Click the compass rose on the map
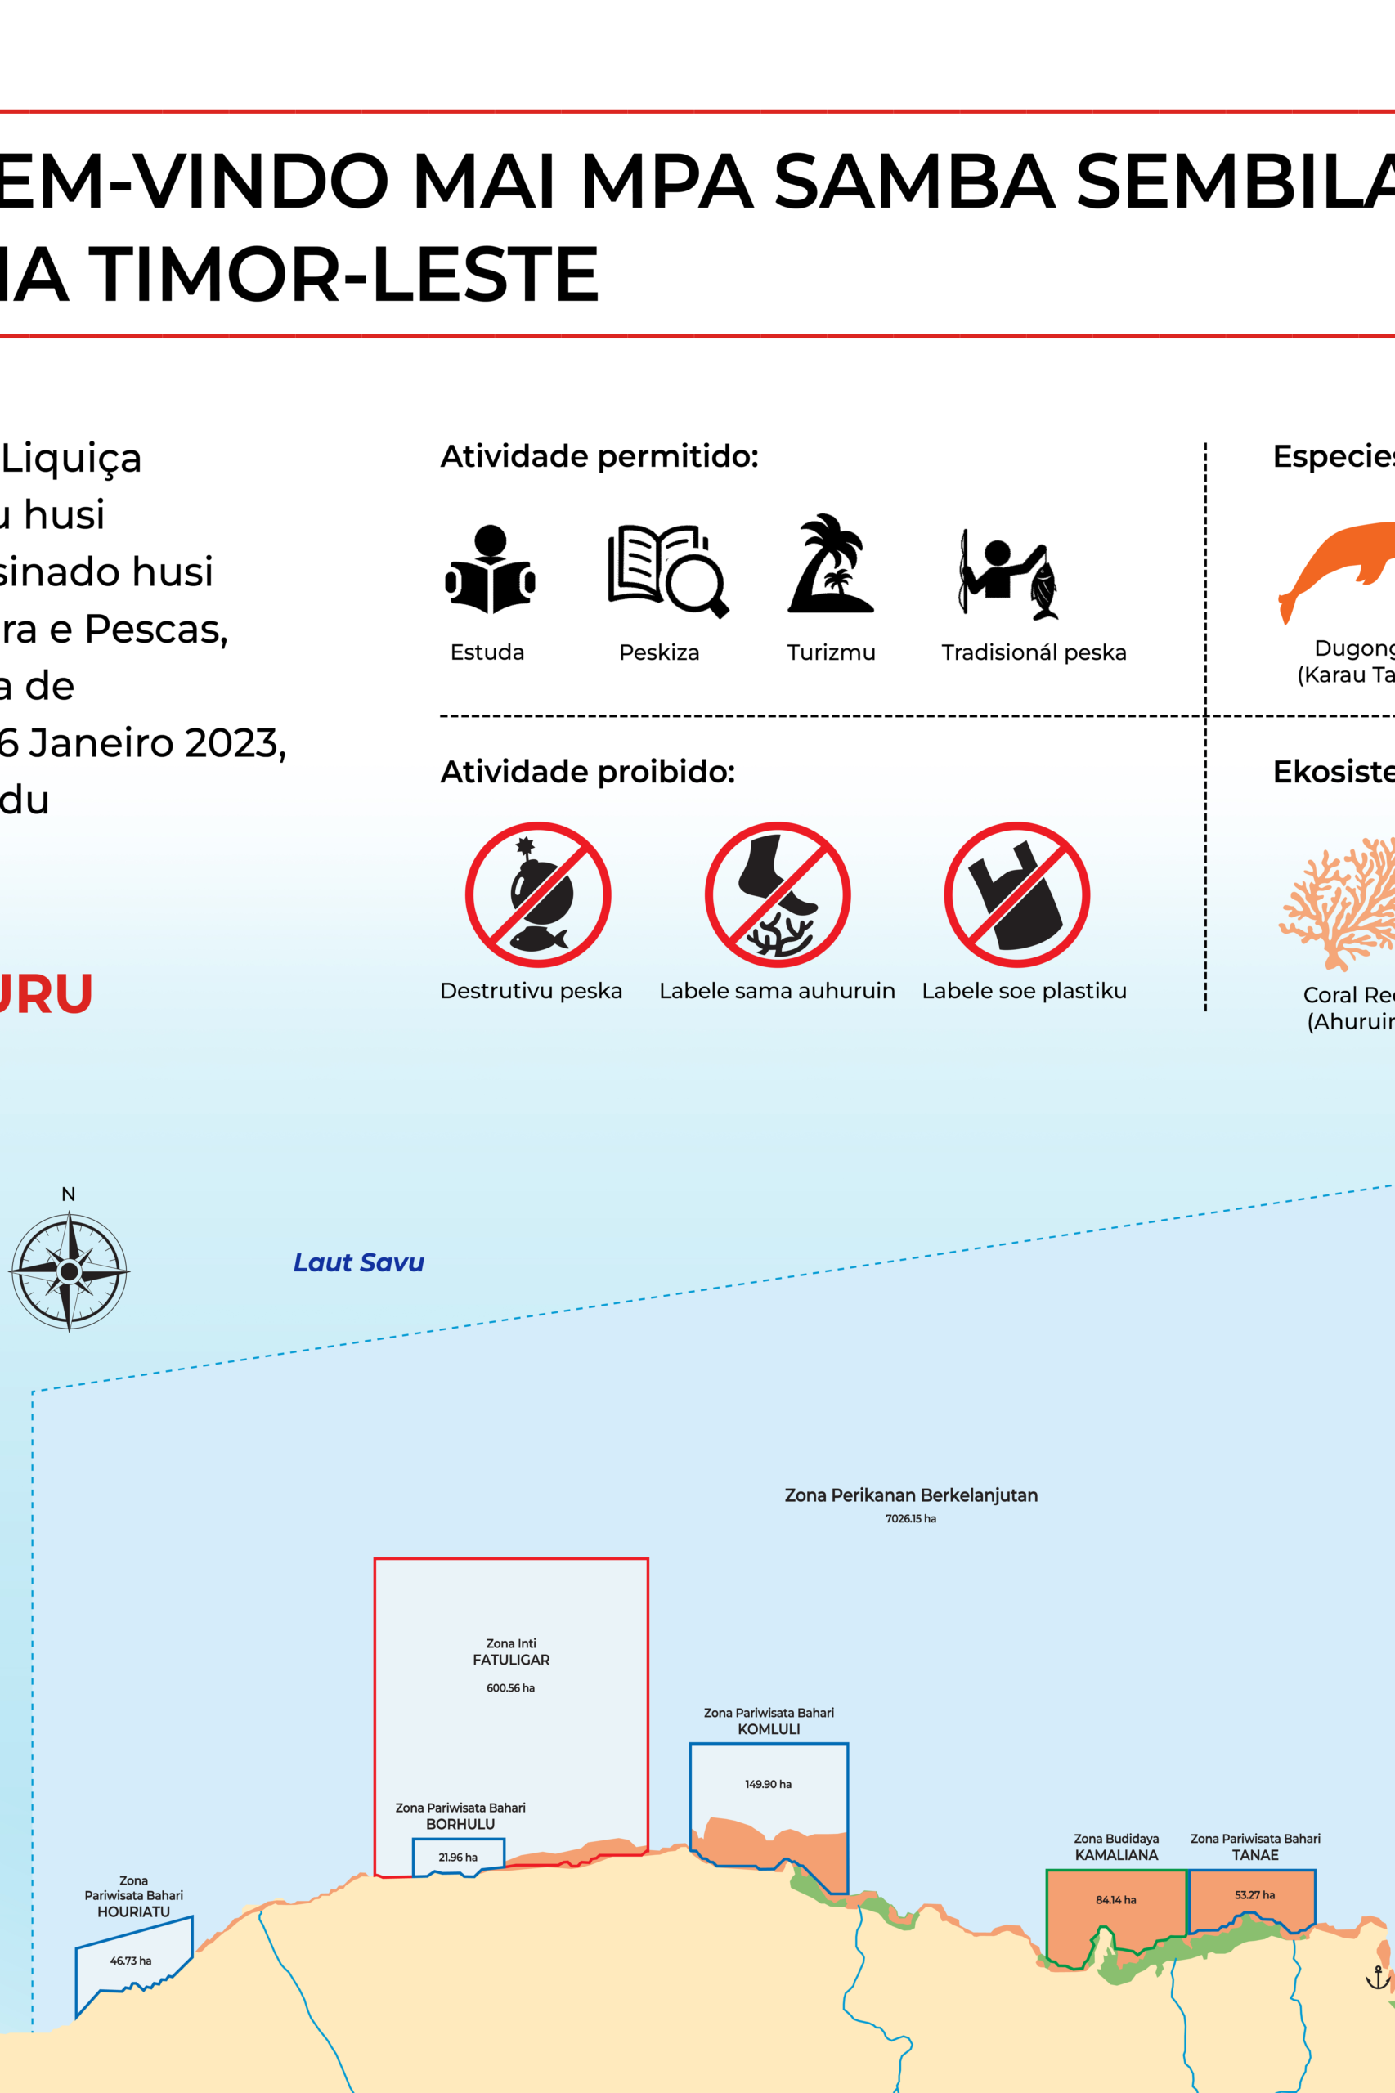(69, 1271)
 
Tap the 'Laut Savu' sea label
(358, 1262)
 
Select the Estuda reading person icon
(489, 569)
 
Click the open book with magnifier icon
(667, 571)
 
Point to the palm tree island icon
(830, 564)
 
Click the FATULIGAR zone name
(511, 1660)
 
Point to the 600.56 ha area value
(511, 1687)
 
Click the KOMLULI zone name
(769, 1729)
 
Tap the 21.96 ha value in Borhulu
(457, 1858)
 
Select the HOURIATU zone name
(133, 1911)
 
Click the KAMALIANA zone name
(1115, 1854)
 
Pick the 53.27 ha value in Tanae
(1254, 1894)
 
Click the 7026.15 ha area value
(910, 1518)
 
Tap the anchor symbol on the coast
(1376, 1978)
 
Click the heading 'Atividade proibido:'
(587, 771)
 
